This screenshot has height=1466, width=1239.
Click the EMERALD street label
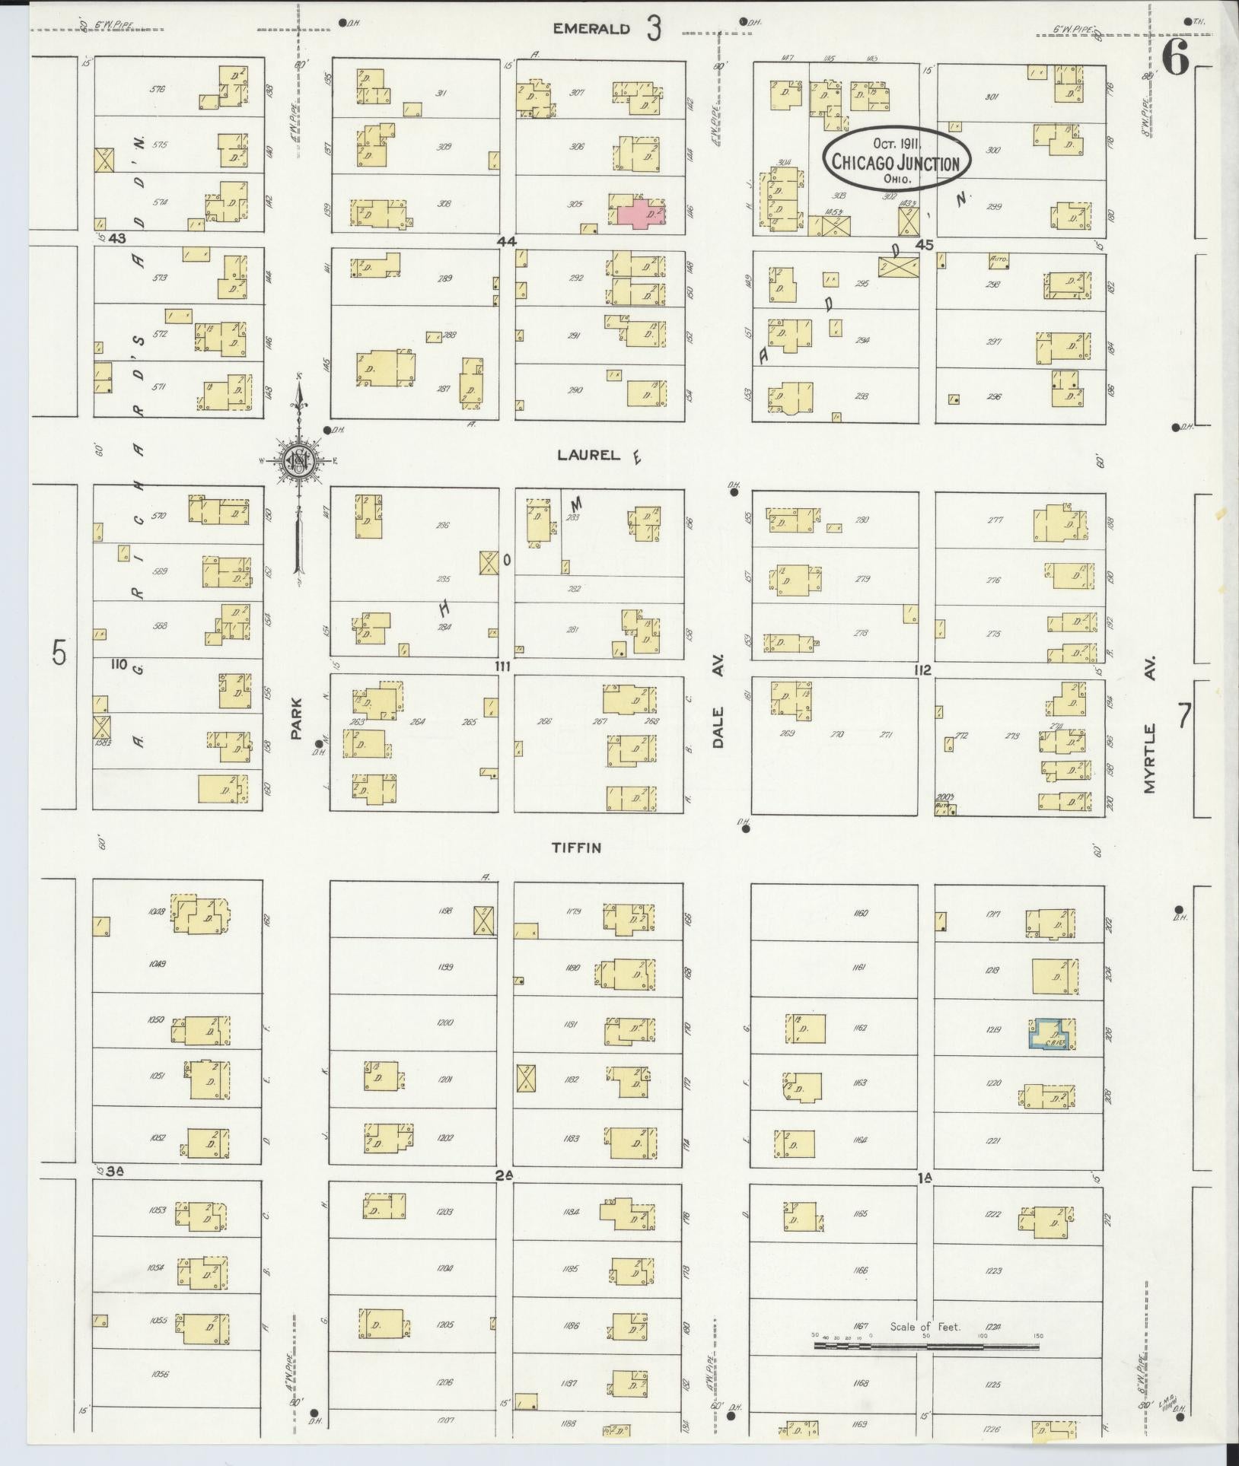coord(591,29)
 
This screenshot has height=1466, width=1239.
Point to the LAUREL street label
coord(588,455)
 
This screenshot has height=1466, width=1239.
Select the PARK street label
coord(297,719)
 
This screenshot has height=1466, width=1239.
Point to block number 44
coord(506,241)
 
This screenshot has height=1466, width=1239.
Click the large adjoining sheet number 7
coord(1184,716)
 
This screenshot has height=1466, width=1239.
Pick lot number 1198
coord(445,910)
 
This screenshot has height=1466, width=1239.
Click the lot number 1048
coord(158,908)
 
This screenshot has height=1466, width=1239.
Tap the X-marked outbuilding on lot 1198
coord(484,921)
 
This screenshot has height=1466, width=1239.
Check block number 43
coord(116,238)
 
